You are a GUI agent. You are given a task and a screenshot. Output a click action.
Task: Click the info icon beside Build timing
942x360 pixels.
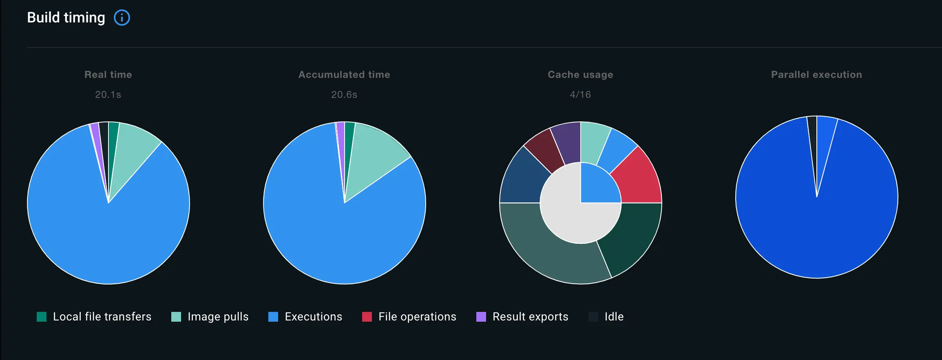click(x=122, y=18)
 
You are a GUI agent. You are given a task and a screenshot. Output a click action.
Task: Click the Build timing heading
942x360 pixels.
click(x=66, y=18)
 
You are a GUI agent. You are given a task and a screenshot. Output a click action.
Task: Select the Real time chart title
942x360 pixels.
click(x=108, y=75)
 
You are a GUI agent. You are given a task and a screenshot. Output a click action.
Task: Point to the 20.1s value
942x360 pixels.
click(x=108, y=95)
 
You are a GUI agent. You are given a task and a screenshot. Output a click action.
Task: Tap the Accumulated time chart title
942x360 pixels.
click(x=344, y=75)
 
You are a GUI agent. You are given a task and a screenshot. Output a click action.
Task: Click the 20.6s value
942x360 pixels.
click(x=344, y=95)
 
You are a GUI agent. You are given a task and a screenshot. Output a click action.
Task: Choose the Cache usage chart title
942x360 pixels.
click(x=580, y=75)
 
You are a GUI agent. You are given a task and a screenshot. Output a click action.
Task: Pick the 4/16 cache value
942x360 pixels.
click(x=580, y=95)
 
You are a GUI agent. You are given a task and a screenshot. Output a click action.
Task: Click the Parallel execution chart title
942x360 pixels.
click(x=816, y=75)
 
